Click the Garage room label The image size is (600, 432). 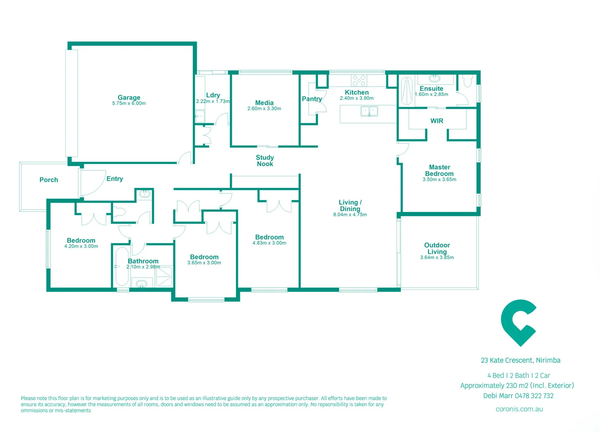pos(129,97)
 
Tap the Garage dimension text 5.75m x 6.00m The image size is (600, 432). pos(129,104)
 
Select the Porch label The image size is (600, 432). pos(49,180)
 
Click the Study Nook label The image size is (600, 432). pos(265,161)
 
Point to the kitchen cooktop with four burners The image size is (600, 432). pos(359,80)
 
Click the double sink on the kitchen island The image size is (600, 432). pos(369,111)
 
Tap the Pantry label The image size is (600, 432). pos(312,99)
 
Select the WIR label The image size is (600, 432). pos(437,121)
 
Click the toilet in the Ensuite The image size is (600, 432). pos(467,81)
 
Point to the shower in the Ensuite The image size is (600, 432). pos(407,91)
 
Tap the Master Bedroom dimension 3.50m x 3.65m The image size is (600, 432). pos(439,180)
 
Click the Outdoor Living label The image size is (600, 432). pos(437,248)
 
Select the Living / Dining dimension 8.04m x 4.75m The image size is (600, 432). pos(350,215)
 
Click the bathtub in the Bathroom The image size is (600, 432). pos(122,266)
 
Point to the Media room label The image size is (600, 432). pos(264,103)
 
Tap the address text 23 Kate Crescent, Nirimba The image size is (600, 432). pos(520,360)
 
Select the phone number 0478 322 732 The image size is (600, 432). pos(534,396)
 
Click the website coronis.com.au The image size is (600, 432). pos(519,409)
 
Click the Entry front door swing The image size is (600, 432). pos(93,183)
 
